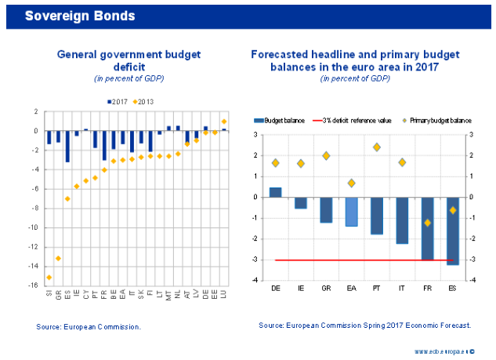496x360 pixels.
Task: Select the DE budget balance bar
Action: click(276, 192)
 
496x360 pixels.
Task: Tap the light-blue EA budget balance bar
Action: click(351, 212)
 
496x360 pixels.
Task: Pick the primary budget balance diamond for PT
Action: click(377, 147)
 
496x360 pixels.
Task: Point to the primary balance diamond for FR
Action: click(427, 223)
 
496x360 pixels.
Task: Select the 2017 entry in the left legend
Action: click(118, 102)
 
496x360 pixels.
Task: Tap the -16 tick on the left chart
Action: click(34, 285)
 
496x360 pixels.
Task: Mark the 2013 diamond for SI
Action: click(49, 277)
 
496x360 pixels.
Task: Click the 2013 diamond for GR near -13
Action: click(58, 258)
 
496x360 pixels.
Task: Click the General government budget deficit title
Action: click(129, 61)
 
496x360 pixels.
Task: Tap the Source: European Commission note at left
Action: click(89, 325)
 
